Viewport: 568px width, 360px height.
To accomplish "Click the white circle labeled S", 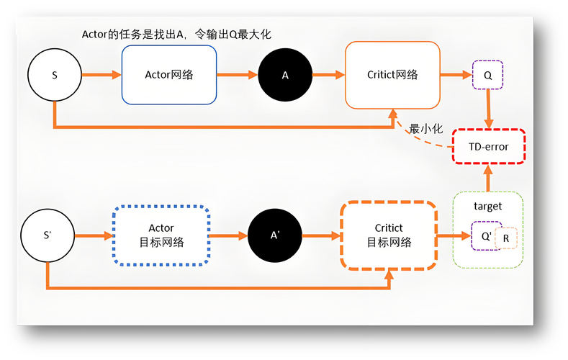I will [x=55, y=75].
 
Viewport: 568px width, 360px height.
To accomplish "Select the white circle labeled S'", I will [x=48, y=236].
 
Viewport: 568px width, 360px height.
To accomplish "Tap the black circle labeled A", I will [x=285, y=75].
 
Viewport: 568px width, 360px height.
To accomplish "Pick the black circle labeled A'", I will [x=274, y=236].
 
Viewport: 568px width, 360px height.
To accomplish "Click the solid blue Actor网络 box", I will [x=169, y=75].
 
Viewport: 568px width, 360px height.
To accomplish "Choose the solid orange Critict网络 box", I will [x=392, y=75].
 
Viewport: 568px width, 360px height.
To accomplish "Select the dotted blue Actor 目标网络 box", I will [x=161, y=236].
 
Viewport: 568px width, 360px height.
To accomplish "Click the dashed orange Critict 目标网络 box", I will [x=389, y=236].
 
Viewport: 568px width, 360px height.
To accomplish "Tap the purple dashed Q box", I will [x=487, y=75].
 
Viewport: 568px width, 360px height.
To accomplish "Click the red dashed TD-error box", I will [x=488, y=147].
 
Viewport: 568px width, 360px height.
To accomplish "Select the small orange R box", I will [x=506, y=238].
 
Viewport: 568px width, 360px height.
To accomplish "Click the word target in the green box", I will [x=487, y=207].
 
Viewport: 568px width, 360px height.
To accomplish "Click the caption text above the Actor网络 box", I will [x=176, y=34].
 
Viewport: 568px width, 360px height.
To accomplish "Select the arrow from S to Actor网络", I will [x=102, y=75].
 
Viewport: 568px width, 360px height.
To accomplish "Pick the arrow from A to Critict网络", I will [x=328, y=75].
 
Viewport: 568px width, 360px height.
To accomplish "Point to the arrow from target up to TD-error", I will [x=488, y=177].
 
